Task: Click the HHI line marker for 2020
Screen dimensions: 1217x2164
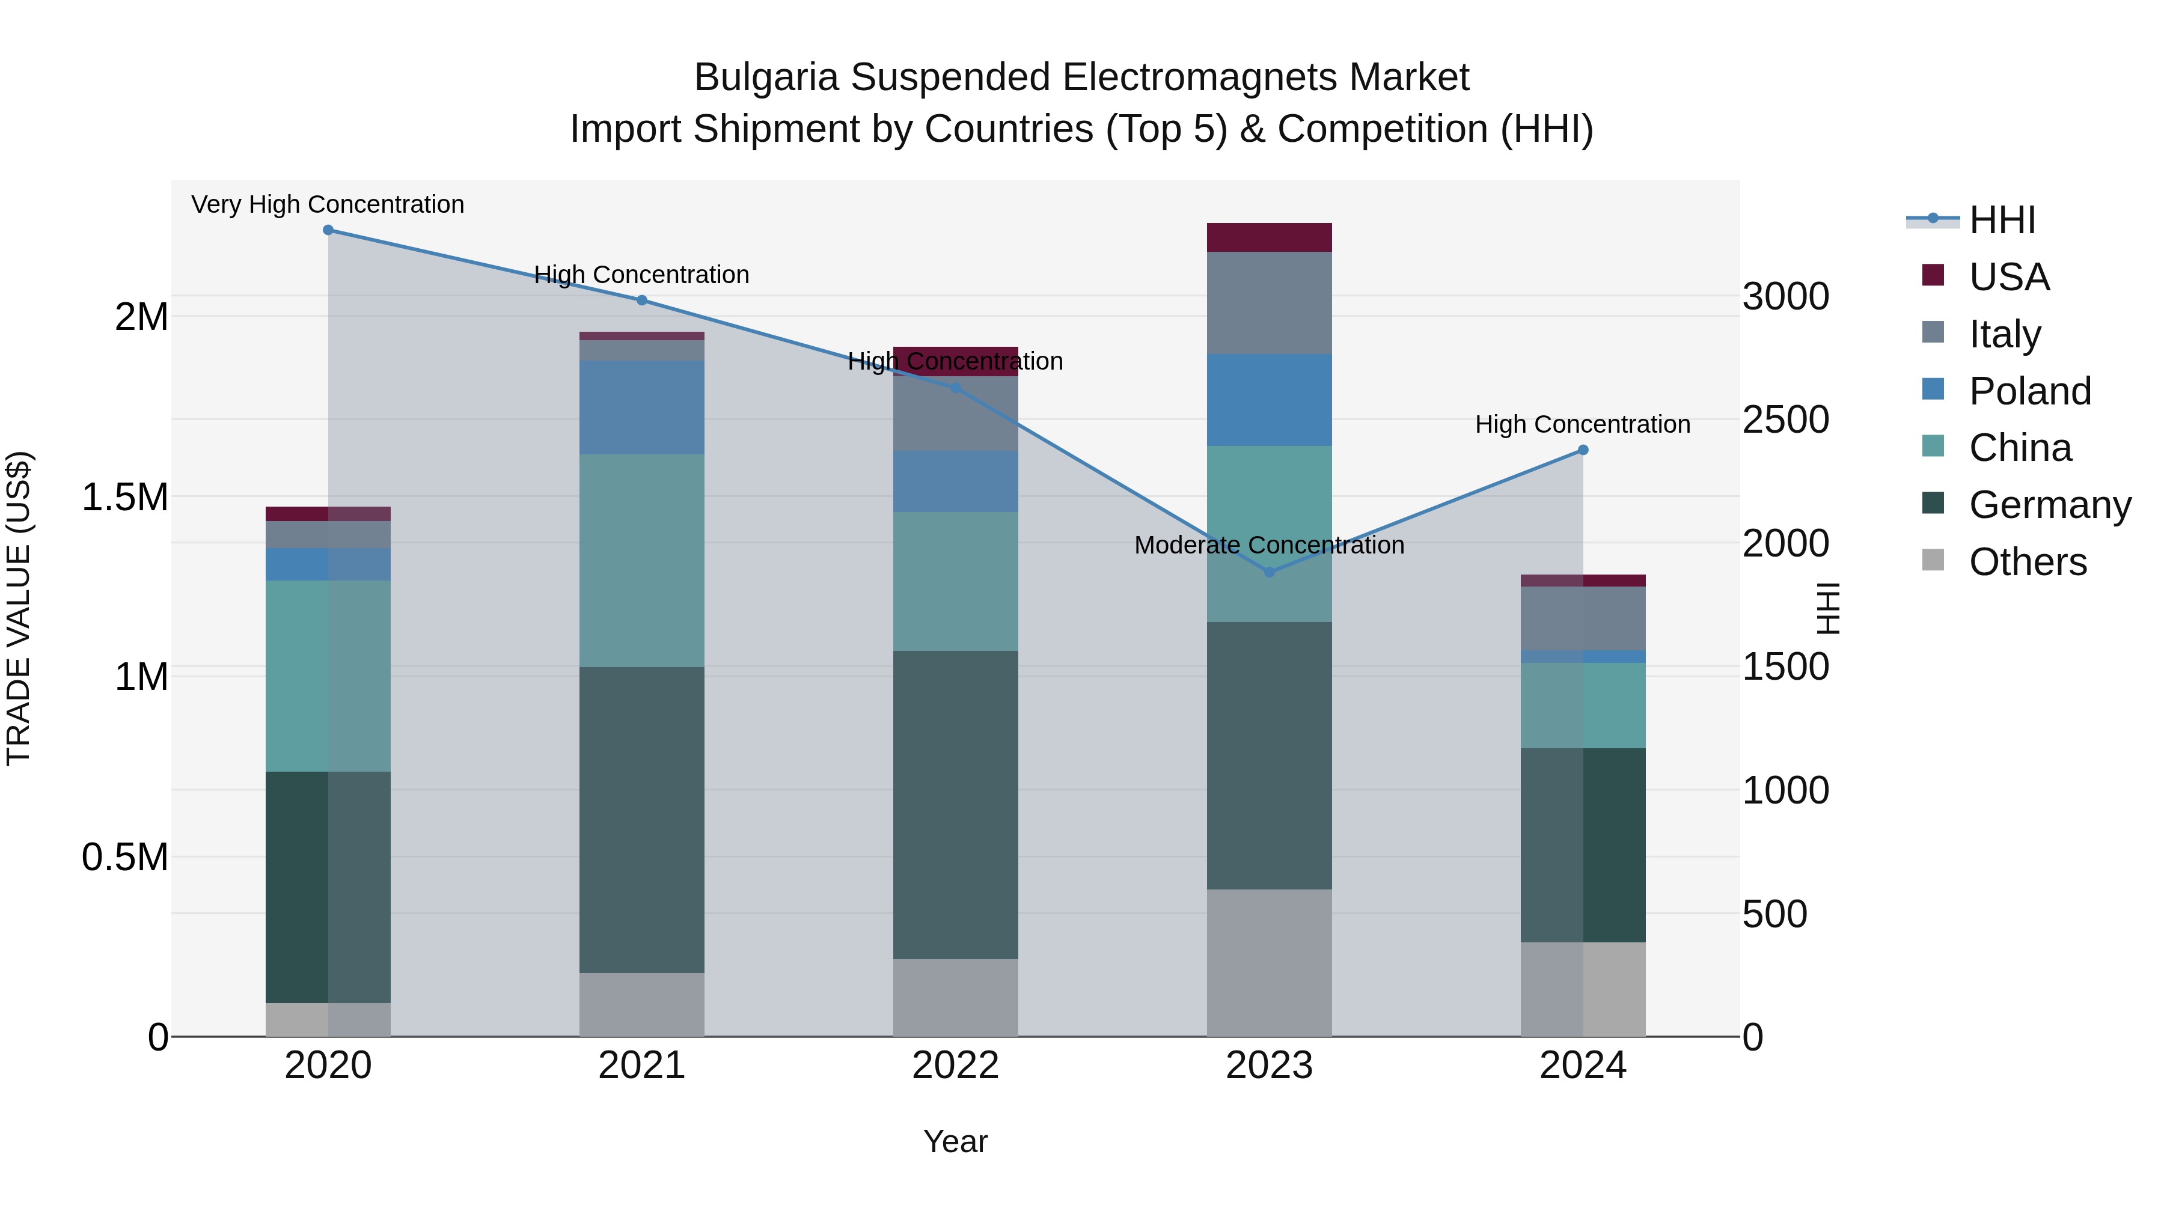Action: coord(328,230)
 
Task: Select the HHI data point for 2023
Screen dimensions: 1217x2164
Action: coord(1270,572)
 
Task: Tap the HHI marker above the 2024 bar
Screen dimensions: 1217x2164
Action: coord(1583,450)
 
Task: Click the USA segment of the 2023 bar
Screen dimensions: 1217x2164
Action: coord(1270,237)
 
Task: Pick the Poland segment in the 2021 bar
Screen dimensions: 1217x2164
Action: coord(642,407)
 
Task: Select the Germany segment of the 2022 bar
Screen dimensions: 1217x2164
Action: coord(955,805)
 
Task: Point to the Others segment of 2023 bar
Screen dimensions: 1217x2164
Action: coord(1270,963)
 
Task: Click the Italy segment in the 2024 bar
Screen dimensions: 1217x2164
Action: coord(1583,618)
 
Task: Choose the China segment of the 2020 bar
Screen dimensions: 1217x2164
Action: coord(328,676)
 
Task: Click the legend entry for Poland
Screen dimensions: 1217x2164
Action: coord(2029,391)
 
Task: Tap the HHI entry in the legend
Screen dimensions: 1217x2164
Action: coord(2001,220)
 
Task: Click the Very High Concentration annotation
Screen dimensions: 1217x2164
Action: coord(328,204)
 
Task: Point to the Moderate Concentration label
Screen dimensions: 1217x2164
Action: coord(1270,545)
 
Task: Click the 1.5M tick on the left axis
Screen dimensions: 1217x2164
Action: coord(124,497)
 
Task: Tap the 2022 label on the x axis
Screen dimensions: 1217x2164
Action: coord(955,1066)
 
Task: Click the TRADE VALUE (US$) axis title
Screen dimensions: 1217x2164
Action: coord(19,608)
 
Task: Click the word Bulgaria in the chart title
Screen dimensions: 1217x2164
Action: coord(765,78)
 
